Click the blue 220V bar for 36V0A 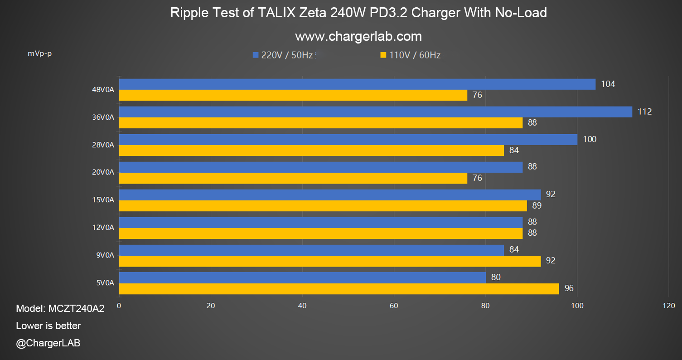[375, 112]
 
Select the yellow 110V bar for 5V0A [339, 289]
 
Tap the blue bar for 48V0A [357, 84]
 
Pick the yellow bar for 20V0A [293, 178]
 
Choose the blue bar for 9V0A [311, 250]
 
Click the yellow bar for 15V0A [323, 206]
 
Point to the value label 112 [644, 112]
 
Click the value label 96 [569, 288]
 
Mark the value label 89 [537, 205]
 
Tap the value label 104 [608, 84]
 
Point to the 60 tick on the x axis [394, 306]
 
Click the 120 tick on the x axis [668, 306]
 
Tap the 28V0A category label [103, 145]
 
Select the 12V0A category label [103, 228]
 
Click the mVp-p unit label [40, 54]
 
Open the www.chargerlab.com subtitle [358, 36]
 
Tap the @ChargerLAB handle [48, 343]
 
